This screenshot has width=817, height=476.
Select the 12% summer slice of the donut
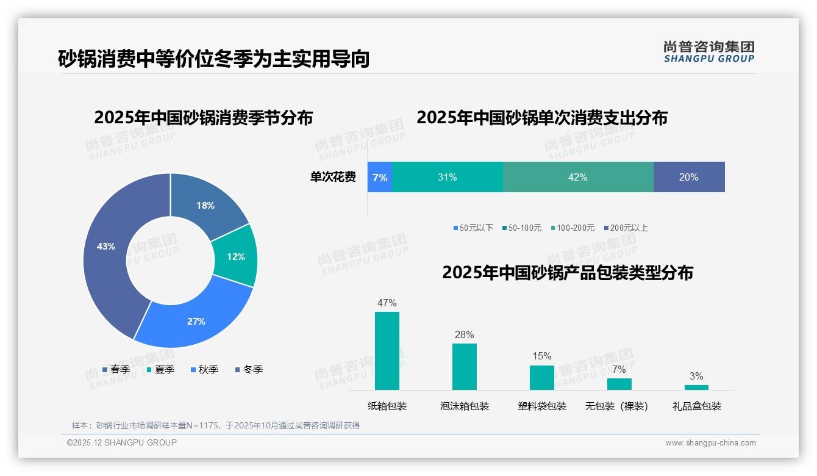coord(236,256)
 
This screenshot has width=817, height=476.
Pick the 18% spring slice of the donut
coord(206,206)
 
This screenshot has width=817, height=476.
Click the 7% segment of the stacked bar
coord(379,177)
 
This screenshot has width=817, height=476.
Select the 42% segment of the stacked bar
coord(577,177)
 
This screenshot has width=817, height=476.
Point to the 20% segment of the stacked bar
coord(688,177)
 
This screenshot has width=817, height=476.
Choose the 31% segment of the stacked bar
coord(447,177)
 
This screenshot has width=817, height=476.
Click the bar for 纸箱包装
coord(387,351)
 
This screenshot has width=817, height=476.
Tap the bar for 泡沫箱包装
coord(464,366)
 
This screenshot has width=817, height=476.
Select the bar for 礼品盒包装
coord(696,388)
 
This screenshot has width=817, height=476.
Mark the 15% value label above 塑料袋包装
coord(541,356)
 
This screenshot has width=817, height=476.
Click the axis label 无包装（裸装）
coord(616,406)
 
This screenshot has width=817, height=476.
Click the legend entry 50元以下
coord(473,228)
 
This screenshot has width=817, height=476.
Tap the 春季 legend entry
coord(116,369)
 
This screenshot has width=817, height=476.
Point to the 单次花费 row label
coord(333,177)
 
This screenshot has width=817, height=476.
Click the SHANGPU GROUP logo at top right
coord(708,52)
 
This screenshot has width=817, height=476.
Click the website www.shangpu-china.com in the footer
coord(710,443)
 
